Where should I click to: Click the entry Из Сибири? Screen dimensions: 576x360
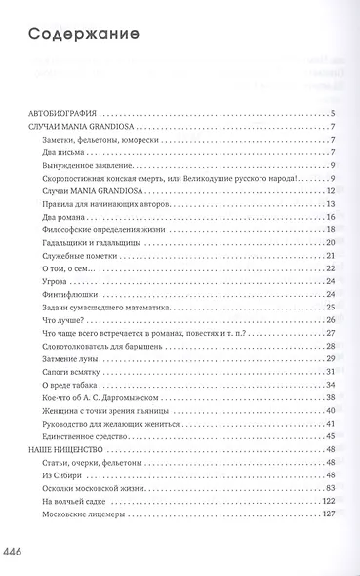(60, 474)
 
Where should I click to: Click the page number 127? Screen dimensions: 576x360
(330, 514)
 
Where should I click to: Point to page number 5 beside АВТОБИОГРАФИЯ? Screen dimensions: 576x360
(334, 114)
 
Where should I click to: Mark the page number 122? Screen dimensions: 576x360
(330, 501)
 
